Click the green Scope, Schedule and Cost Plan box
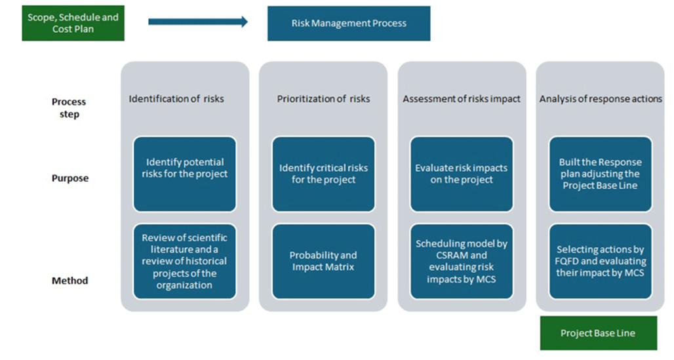[x=73, y=24]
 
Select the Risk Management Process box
[x=349, y=24]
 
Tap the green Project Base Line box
[x=597, y=333]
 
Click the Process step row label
[x=69, y=108]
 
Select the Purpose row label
[x=70, y=178]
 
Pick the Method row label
[x=70, y=281]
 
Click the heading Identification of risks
[x=176, y=99]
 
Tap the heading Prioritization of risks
[x=323, y=99]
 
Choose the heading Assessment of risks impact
[x=462, y=99]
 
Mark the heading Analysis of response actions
[x=601, y=99]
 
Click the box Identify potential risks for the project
[x=185, y=174]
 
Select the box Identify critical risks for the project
[x=323, y=174]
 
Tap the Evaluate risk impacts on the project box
[x=462, y=174]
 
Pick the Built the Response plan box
[x=601, y=174]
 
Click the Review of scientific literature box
[x=185, y=262]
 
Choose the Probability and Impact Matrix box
[x=323, y=262]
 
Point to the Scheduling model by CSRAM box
[x=462, y=262]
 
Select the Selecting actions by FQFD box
[x=601, y=262]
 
